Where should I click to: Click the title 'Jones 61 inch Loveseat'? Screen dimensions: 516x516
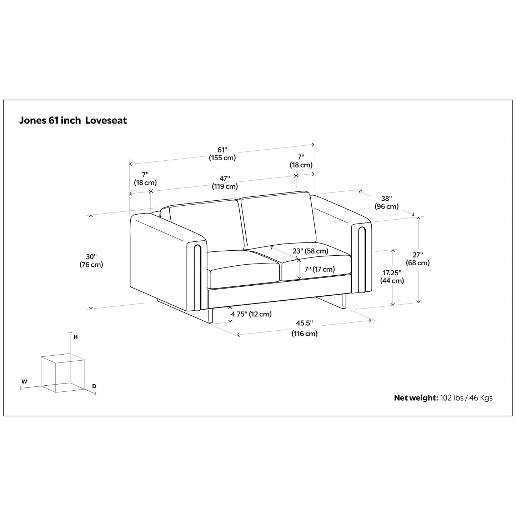(x=73, y=120)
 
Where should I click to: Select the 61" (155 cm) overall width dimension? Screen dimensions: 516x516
(x=222, y=154)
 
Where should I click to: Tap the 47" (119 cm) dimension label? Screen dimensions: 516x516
(x=225, y=182)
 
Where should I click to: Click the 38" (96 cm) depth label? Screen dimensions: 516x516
(x=386, y=202)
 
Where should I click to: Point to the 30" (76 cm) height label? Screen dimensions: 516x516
(x=91, y=261)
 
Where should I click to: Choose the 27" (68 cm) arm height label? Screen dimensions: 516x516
(x=417, y=259)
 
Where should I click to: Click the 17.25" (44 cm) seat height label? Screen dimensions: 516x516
(x=392, y=277)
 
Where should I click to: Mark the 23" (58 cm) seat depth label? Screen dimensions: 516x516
(x=310, y=251)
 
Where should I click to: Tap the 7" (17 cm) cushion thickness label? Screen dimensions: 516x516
(x=320, y=269)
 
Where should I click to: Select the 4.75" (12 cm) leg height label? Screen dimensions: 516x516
(x=251, y=314)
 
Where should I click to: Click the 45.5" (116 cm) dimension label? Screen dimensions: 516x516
(x=304, y=328)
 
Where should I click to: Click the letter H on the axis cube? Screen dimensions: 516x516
(x=75, y=337)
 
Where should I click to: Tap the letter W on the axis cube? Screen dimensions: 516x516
(x=24, y=381)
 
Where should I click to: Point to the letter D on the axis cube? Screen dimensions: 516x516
(x=94, y=386)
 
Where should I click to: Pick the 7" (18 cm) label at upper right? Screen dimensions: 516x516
(x=301, y=161)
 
